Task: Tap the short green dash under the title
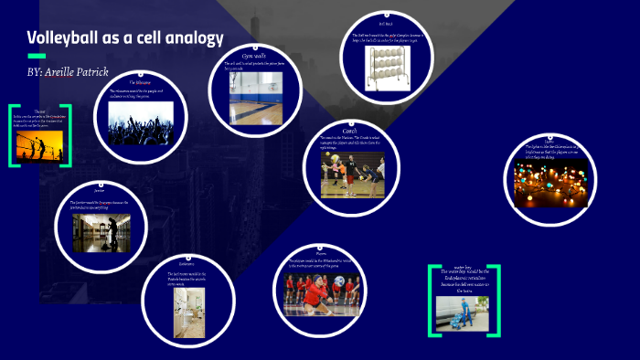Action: pyautogui.click(x=37, y=56)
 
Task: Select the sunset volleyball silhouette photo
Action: pyautogui.click(x=39, y=143)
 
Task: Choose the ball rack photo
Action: pyautogui.click(x=384, y=66)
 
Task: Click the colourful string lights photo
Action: pyautogui.click(x=550, y=183)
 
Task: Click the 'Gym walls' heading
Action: pyautogui.click(x=256, y=55)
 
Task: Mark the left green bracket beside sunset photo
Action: pyautogui.click(x=12, y=136)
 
